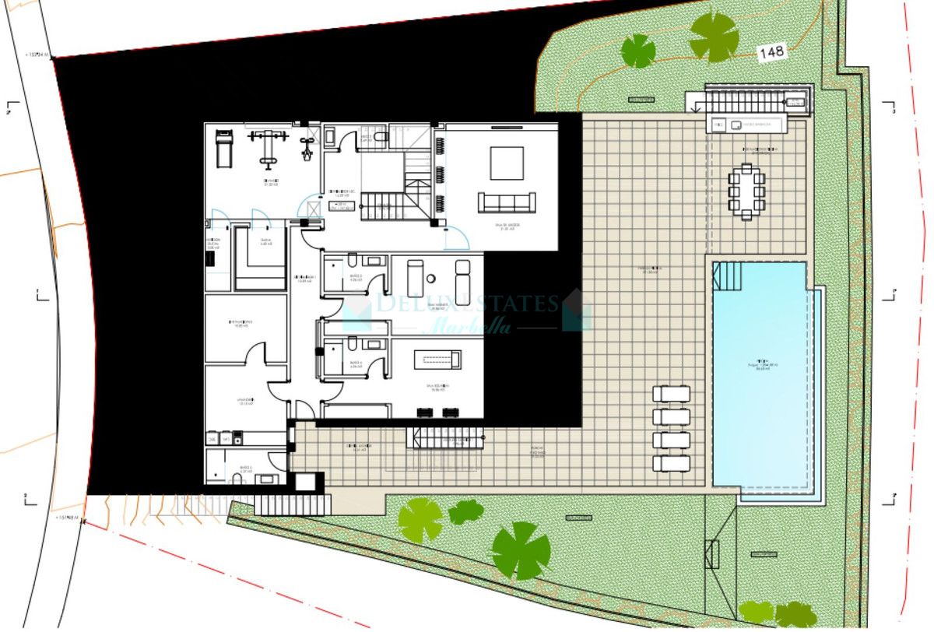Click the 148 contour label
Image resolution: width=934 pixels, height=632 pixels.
click(771, 52)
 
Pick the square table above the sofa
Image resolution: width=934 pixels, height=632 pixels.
click(506, 163)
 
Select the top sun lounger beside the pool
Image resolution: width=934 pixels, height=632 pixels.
click(671, 394)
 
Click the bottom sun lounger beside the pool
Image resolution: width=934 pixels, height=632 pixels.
click(671, 463)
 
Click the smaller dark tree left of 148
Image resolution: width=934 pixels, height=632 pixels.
click(638, 51)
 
